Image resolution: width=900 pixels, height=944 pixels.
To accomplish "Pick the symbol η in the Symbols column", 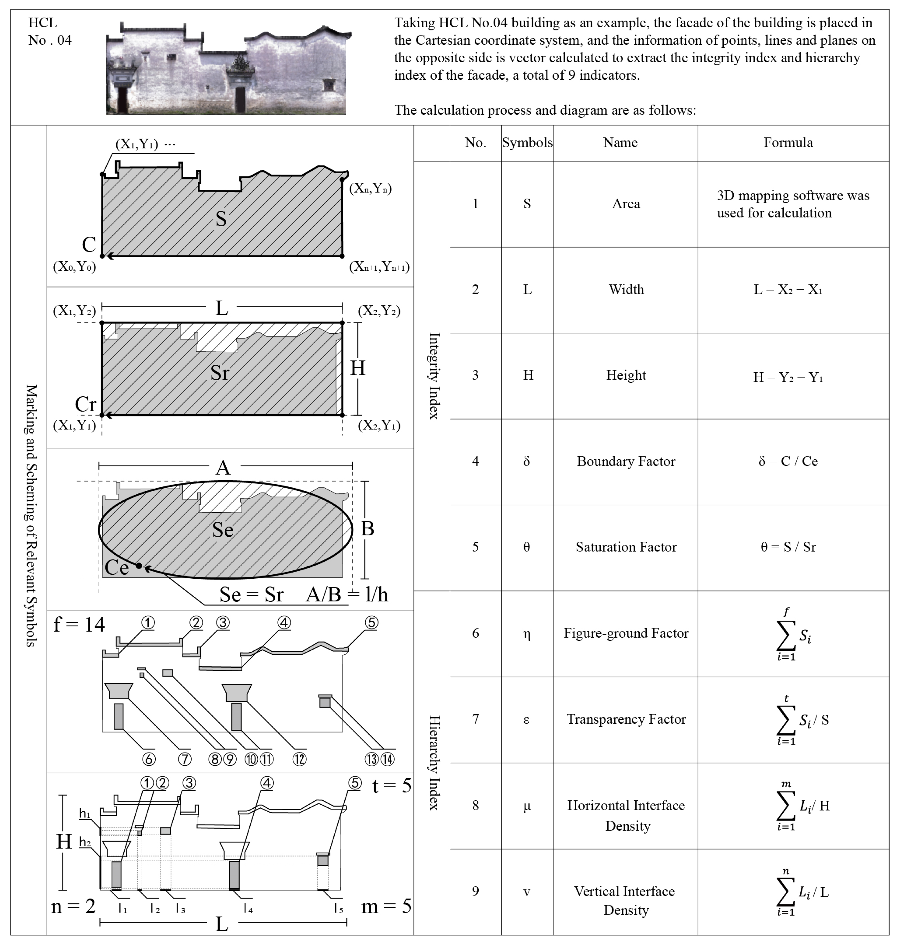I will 527,633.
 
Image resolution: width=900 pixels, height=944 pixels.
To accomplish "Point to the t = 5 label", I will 391,785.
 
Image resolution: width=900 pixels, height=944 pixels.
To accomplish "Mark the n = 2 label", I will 73,906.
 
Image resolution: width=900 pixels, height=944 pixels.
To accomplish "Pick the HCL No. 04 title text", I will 49,31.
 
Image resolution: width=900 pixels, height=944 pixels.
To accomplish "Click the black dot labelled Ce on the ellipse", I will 139,566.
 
